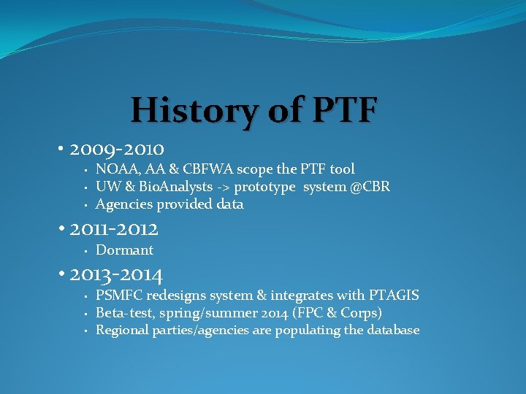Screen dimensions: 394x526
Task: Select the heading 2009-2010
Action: click(x=117, y=150)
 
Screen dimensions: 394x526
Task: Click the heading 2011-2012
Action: click(x=114, y=229)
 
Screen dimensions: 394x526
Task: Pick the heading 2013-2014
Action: click(x=116, y=274)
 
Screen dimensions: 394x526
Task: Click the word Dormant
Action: click(x=124, y=250)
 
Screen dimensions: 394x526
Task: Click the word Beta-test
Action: click(x=123, y=313)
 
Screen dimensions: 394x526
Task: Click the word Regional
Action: click(x=122, y=331)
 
